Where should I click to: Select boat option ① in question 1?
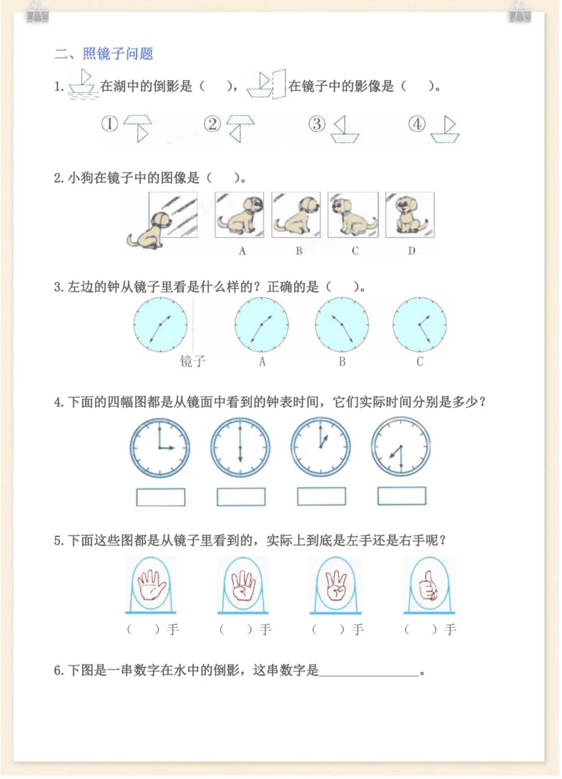click(137, 128)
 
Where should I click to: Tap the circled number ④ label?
click(417, 124)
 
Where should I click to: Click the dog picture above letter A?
click(239, 215)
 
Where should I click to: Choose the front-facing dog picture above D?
click(410, 215)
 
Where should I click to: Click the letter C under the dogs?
click(355, 251)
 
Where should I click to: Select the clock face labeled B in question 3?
click(342, 324)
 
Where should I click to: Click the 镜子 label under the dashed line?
click(193, 361)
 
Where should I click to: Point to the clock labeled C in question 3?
click(419, 324)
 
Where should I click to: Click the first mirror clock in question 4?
click(160, 448)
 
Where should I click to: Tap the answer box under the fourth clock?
click(402, 496)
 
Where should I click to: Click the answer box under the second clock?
click(241, 497)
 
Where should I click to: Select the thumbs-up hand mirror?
click(429, 585)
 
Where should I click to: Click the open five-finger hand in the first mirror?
click(151, 585)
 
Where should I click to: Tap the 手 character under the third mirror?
click(357, 629)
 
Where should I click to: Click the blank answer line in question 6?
click(369, 676)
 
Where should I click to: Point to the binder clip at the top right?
click(520, 12)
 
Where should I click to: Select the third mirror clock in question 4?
click(321, 447)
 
